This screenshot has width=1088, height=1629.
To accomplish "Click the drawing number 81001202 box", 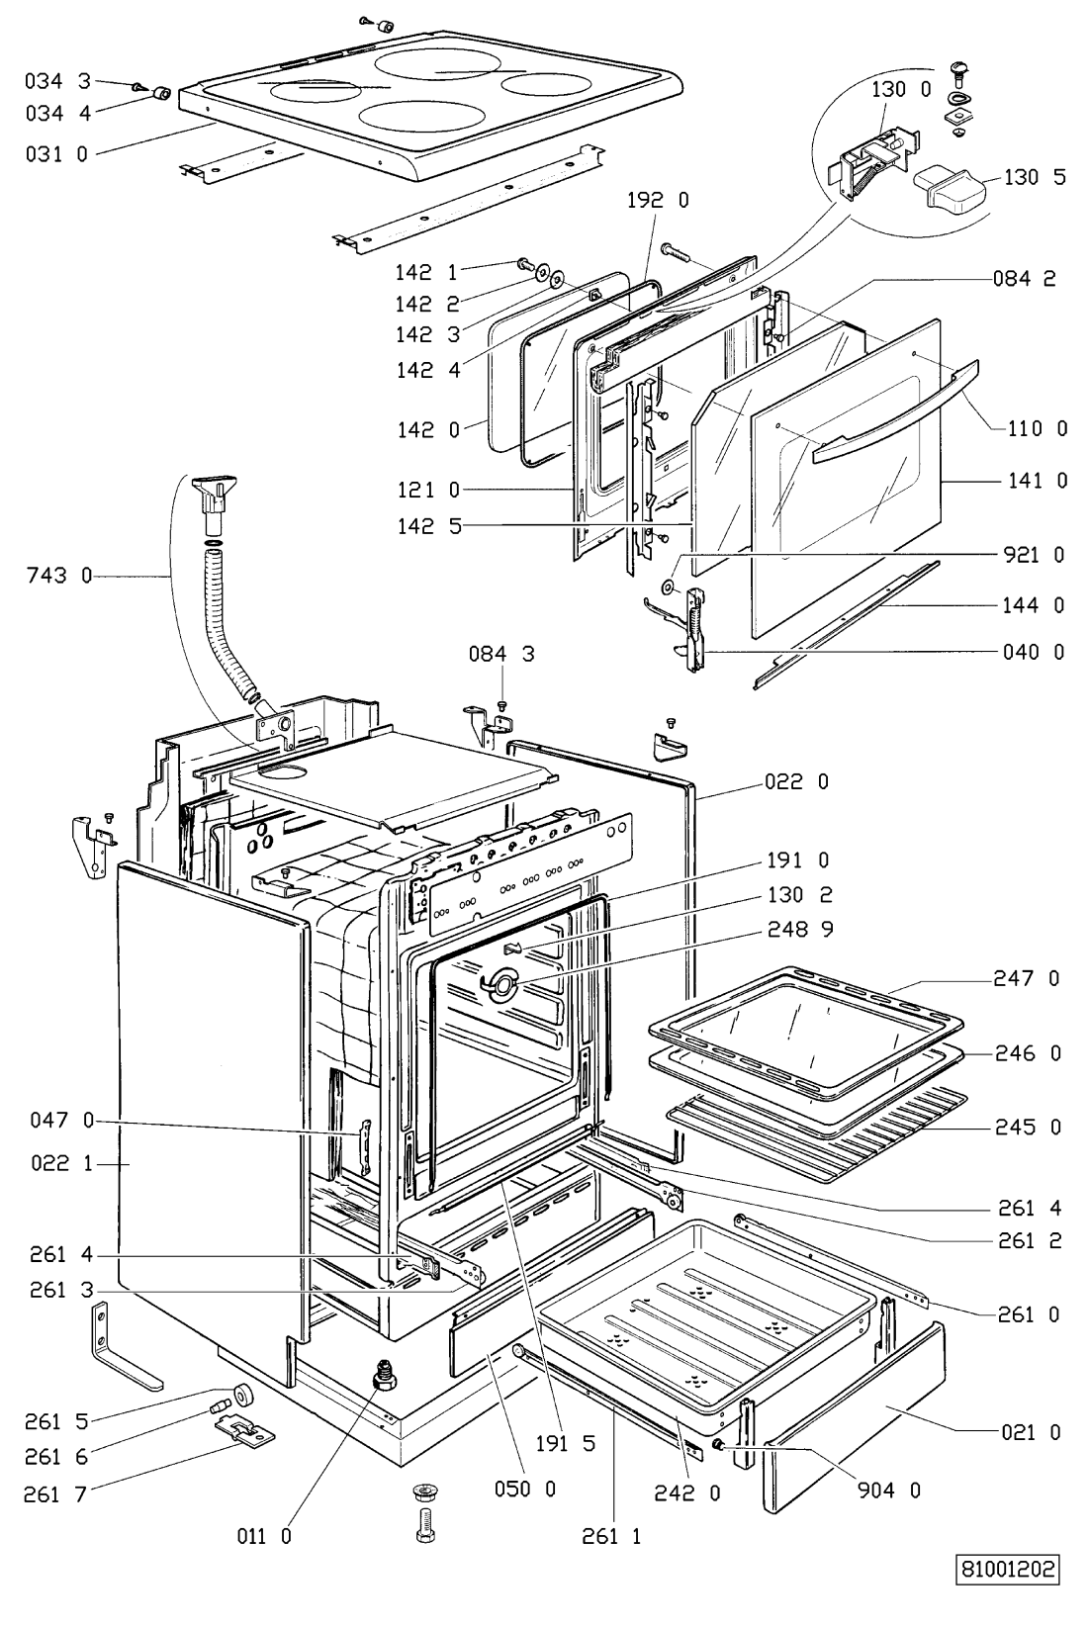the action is pos(1007,1569).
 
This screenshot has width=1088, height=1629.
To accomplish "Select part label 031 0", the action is pos(56,154).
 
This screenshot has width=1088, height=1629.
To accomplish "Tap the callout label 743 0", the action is pos(59,576).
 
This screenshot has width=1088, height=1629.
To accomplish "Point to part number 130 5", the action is pos(1035,177).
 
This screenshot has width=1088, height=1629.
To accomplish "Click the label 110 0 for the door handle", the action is pos(1038,428).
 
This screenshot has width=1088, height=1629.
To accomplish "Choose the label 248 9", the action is pos(801,929).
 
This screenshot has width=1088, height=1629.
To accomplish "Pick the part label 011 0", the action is pos(265,1536).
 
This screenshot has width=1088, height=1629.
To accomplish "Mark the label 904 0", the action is pos(889,1491).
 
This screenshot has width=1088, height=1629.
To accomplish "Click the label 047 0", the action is pos(62,1120).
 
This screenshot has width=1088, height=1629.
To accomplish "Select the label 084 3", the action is pos(501,654).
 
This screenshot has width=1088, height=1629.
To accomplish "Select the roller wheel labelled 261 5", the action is pos(242,1395).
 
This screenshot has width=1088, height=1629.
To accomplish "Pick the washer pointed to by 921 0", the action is pos(667,586).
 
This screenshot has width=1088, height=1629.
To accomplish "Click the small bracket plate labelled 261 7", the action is pos(245,1430).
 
